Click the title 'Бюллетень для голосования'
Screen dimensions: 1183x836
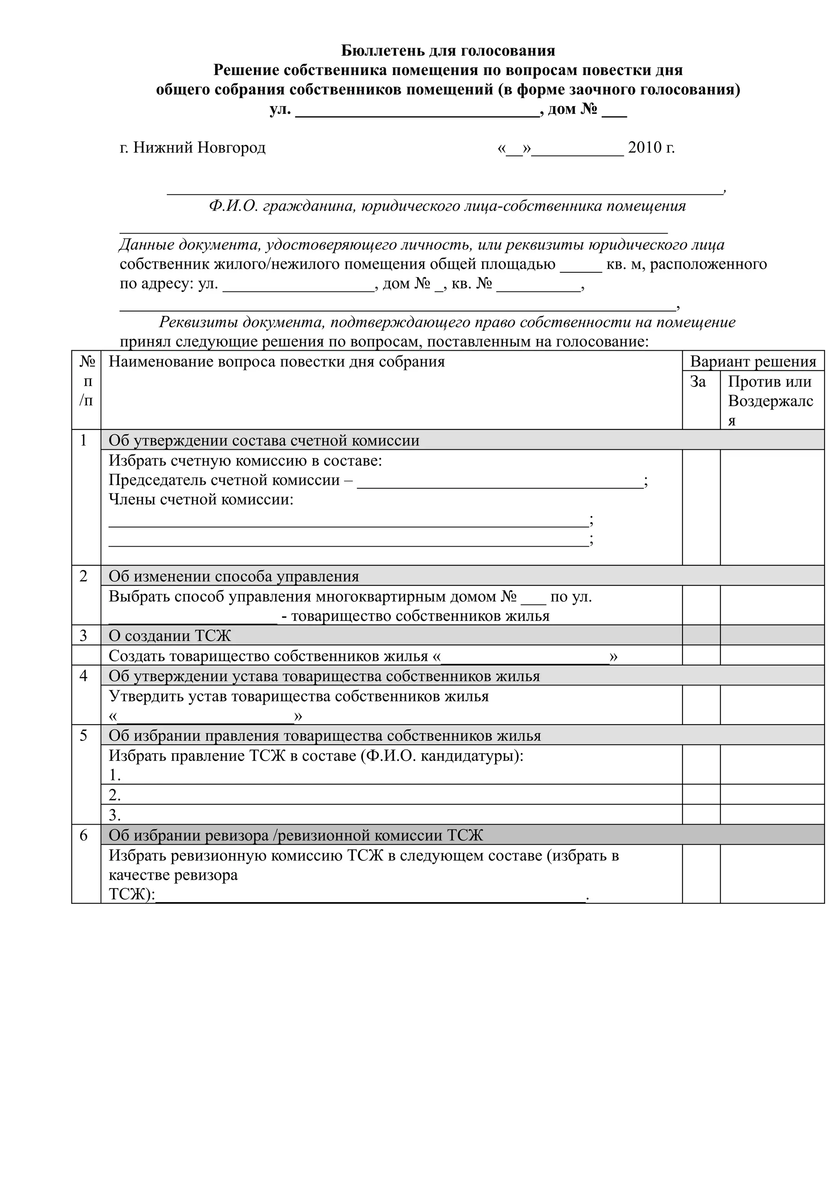[x=448, y=51]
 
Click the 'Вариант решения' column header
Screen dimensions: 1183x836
[x=753, y=361]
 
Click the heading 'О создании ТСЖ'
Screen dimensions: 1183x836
[x=169, y=636]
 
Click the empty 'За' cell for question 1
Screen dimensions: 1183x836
[x=700, y=507]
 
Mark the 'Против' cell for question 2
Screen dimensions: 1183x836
[x=772, y=605]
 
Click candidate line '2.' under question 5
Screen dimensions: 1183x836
[x=115, y=795]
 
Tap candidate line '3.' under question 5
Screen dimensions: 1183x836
[x=115, y=815]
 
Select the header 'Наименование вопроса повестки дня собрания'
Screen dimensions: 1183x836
[x=277, y=362]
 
